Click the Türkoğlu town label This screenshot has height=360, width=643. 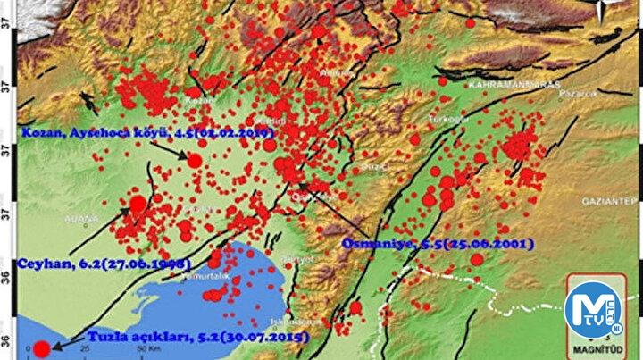440,121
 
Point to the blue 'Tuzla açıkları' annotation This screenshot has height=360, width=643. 196,338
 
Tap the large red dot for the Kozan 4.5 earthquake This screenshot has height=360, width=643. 195,160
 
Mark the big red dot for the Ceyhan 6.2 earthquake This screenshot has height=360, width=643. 138,204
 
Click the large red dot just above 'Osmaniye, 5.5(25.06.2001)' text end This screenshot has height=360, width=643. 476,259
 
